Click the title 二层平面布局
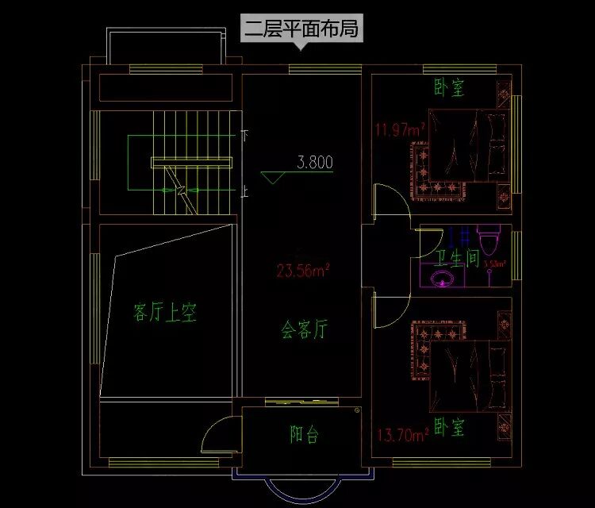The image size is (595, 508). point(301,30)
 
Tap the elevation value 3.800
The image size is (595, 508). point(315,164)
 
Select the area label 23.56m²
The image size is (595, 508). point(303,271)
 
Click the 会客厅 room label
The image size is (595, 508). point(304,329)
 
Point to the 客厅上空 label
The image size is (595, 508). point(164,314)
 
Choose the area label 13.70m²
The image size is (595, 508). point(402,434)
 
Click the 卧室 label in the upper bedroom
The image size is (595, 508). point(449,87)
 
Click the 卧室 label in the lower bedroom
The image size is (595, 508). point(449,429)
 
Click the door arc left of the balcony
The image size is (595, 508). point(217,435)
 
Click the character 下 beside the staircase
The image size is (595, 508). point(244,137)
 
